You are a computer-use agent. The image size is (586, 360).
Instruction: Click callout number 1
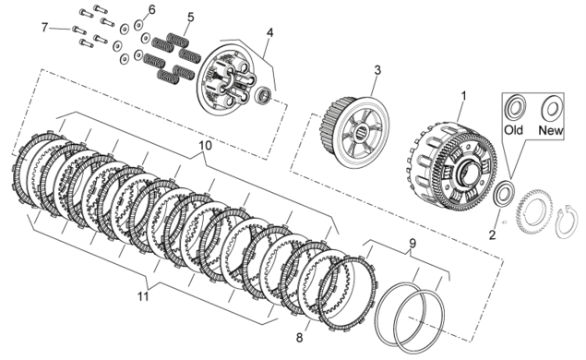click(463, 96)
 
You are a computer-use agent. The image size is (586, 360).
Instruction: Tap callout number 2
click(492, 234)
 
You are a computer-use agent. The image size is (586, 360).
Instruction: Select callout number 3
click(377, 70)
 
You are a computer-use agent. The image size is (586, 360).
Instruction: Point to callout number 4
click(269, 33)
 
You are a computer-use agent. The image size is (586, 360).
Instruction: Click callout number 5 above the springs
click(191, 17)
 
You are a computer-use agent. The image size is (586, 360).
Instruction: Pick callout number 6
click(151, 9)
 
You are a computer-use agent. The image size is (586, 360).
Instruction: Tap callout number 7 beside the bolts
click(44, 28)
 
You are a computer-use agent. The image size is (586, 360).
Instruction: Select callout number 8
click(299, 338)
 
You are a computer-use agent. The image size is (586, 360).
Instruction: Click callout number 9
click(412, 244)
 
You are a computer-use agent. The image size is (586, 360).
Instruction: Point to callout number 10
click(205, 146)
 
